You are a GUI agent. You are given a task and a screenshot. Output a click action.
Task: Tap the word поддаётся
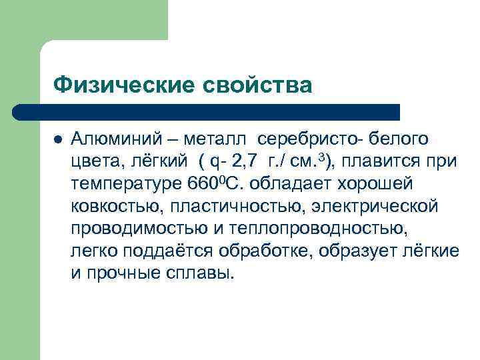pos(159,251)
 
